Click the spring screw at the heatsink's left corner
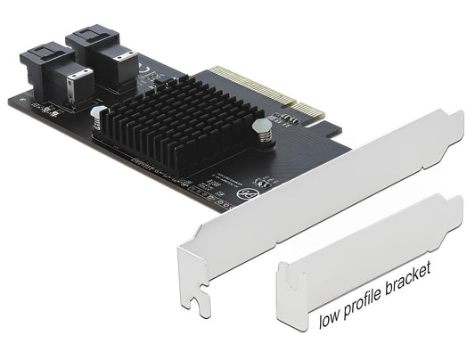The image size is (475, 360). pyautogui.click(x=100, y=114)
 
